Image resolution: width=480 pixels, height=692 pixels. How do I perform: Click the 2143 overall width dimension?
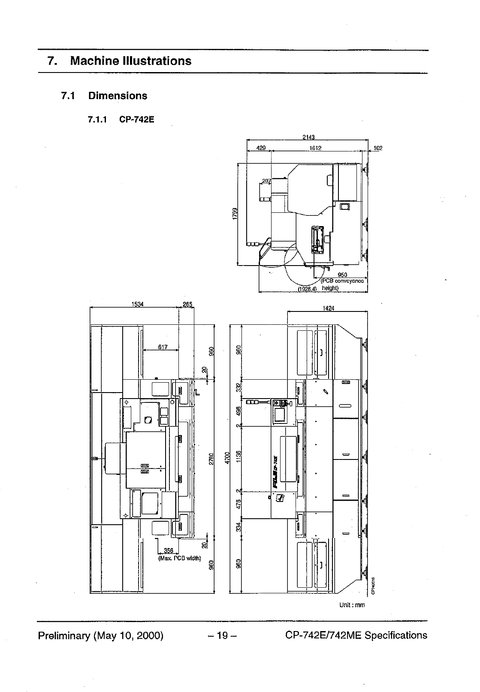pos(308,137)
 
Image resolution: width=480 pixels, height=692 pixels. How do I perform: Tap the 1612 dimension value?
pos(315,148)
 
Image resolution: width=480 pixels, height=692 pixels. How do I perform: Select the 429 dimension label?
pos(260,148)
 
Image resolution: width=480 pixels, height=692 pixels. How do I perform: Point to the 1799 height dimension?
pos(235,214)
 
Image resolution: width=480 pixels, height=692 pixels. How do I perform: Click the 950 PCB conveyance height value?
pos(342,275)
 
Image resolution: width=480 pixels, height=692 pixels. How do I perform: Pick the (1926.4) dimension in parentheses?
pos(307,289)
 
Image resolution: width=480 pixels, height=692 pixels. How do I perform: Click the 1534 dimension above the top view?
pos(137,305)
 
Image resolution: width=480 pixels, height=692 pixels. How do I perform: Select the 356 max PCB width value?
pos(168,551)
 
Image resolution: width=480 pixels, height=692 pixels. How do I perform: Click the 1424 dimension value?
pos(328,308)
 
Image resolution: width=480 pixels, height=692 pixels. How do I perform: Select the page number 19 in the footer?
pos(222,635)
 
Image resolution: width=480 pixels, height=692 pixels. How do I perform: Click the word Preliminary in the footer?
pos(64,635)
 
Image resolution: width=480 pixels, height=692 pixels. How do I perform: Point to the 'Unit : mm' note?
pos(352,605)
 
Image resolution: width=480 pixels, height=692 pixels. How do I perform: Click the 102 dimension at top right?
pos(378,148)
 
